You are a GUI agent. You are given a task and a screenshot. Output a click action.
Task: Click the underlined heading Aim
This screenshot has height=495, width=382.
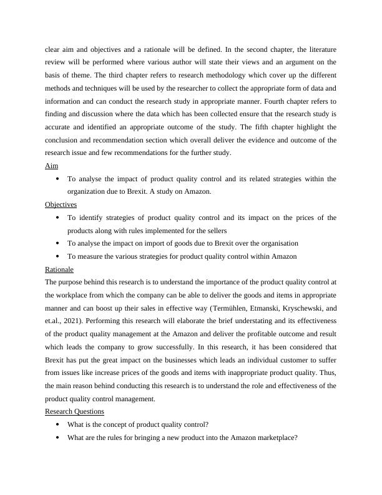point(51,166)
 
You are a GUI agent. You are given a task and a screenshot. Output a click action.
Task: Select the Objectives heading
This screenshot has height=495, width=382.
point(61,204)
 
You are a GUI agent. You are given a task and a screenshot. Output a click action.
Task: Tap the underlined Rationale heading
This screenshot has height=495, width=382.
point(59,269)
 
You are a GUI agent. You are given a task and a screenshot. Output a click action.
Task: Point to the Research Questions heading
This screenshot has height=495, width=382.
point(74,411)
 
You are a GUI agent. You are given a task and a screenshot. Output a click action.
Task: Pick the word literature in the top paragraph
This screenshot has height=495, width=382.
point(316,49)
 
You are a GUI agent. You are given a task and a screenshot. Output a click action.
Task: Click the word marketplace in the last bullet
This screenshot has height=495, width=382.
point(270,437)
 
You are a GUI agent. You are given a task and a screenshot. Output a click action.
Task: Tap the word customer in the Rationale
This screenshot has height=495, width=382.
point(300,360)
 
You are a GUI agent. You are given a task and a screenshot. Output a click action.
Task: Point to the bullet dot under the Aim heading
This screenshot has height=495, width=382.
point(57,179)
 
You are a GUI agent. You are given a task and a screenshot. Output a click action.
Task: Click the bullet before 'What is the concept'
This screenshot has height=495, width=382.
point(57,424)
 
